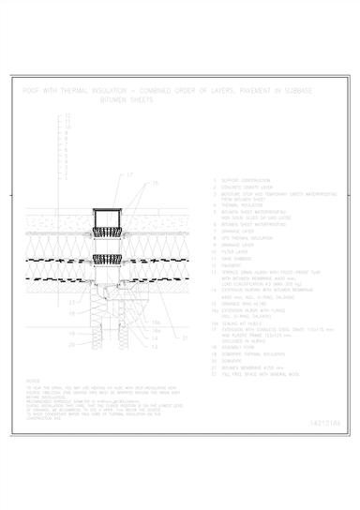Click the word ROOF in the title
[x=29, y=90]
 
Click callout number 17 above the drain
[x=130, y=174]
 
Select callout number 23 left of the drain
[x=72, y=303]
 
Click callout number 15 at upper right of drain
[x=156, y=182]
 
